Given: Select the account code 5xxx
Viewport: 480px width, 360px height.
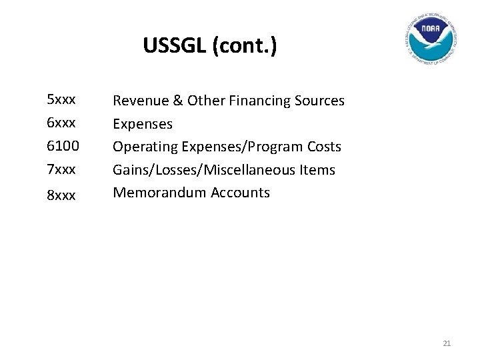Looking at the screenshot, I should coord(61,100).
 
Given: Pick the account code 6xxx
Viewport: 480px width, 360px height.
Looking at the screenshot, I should coord(61,123).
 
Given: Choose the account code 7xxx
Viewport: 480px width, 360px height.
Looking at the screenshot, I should coord(61,170).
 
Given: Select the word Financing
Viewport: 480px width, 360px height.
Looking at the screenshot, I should coord(257,101).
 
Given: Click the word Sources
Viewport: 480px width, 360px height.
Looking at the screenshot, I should coord(321,101).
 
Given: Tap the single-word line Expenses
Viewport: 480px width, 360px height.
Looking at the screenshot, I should coord(143,125).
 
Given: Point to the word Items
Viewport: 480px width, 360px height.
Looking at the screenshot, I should coord(318,170).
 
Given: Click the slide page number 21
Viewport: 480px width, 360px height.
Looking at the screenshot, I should coord(447,343).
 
